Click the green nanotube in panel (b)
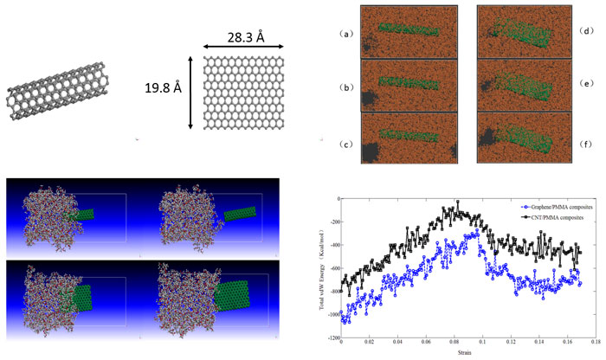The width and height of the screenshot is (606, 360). pyautogui.click(x=416, y=84)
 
